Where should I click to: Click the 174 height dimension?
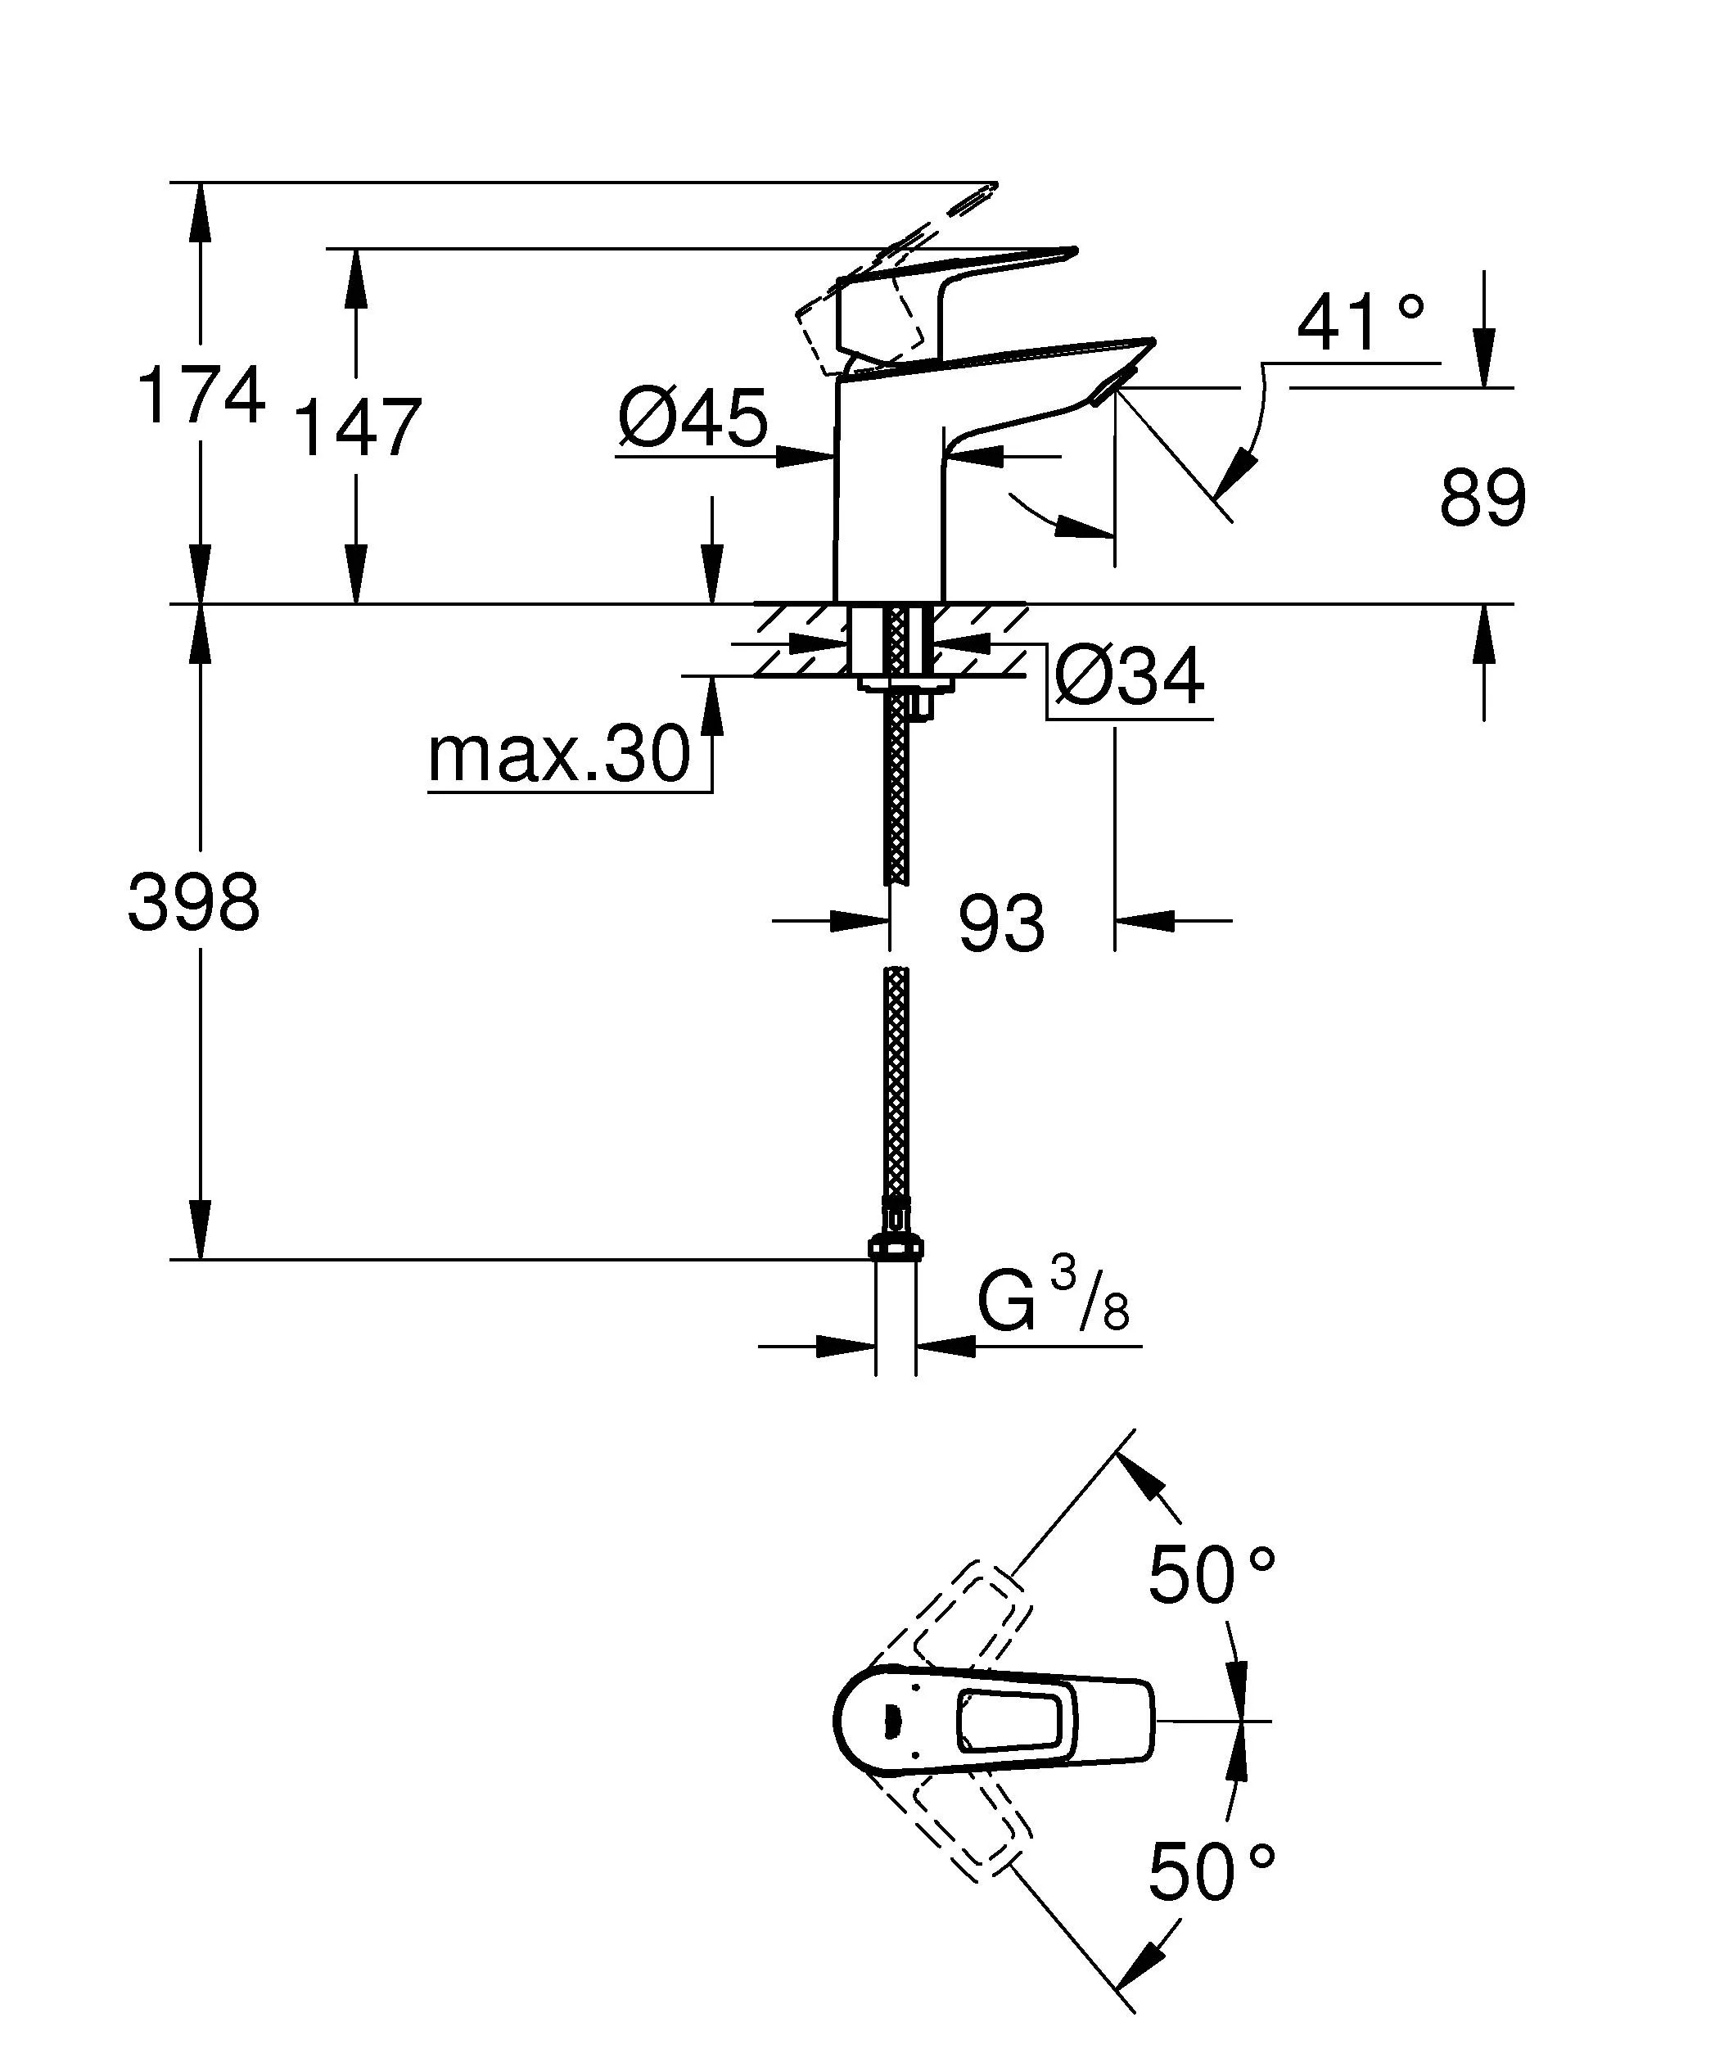coord(201,395)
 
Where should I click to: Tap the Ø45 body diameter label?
coord(693,417)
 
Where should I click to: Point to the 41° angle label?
coord(1360,324)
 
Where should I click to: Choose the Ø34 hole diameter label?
coord(1130,677)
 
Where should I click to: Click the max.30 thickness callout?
coord(560,755)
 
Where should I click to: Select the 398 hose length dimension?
coord(194,903)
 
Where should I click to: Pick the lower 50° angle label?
coord(1212,1872)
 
